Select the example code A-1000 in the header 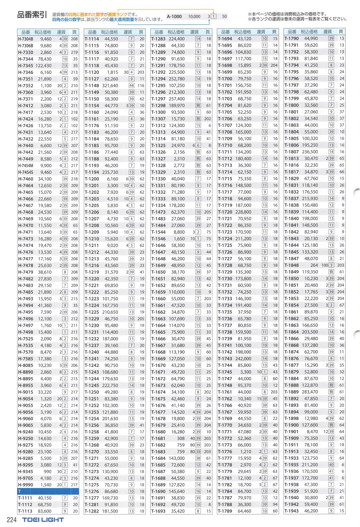pyautogui.click(x=174, y=17)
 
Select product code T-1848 pyautogui.click(x=292, y=265)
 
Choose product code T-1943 pyautogui.click(x=292, y=511)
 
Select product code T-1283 pyautogui.click(x=158, y=39)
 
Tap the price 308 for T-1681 pyautogui.click(x=180, y=438)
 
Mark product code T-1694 pyautogui.click(x=225, y=39)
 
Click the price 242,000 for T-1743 pyautogui.click(x=243, y=359)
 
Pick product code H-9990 pyautogui.click(x=26, y=485)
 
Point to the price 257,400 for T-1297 pyautogui.click(x=177, y=99)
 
